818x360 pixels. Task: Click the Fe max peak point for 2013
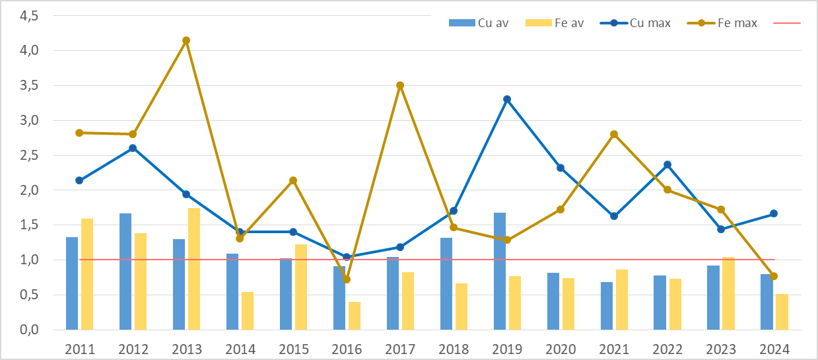coord(186,40)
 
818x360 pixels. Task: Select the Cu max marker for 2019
coord(507,99)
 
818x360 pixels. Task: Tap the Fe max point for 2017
coord(400,85)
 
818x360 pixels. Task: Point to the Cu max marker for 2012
coord(133,148)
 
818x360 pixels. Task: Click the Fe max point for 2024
coord(774,276)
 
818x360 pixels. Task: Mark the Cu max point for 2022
coord(667,164)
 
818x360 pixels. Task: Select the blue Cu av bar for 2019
coord(500,271)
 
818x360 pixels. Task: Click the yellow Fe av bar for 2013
coord(194,269)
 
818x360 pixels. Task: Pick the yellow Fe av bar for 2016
coord(355,316)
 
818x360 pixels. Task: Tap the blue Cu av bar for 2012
coord(125,271)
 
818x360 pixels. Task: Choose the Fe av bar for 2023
coord(728,293)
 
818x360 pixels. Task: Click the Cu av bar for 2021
coord(607,306)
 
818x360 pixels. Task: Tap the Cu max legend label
coord(650,23)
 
